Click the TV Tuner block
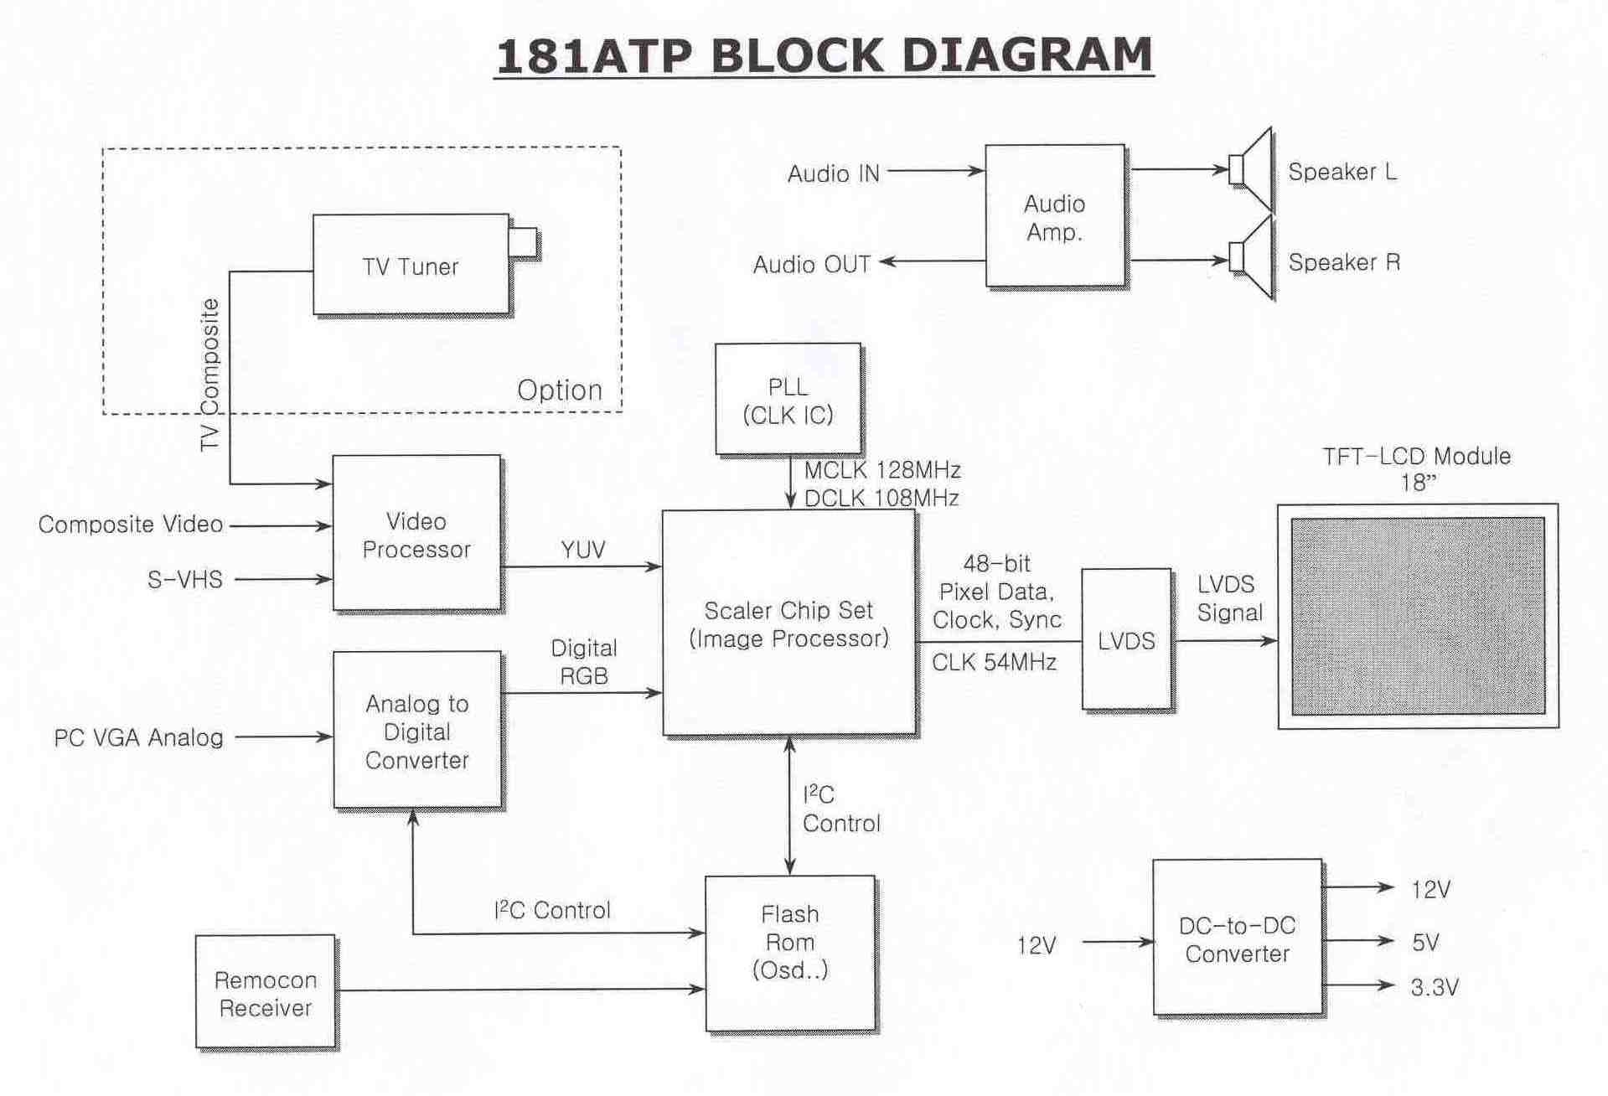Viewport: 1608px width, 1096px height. point(411,265)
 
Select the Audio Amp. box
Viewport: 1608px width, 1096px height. point(1054,216)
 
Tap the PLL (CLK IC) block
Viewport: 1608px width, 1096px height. point(788,400)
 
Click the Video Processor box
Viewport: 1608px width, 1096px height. point(416,534)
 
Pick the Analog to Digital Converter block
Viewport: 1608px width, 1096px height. point(416,731)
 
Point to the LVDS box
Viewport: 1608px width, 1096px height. point(1126,640)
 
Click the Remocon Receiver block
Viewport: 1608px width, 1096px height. point(265,992)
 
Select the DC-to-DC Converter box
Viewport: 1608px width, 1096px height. point(1237,938)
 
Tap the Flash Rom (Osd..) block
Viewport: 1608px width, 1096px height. point(789,954)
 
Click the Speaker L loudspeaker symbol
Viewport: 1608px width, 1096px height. point(1252,169)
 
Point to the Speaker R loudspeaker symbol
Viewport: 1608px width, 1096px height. point(1252,258)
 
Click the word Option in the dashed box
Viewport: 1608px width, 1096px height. point(559,390)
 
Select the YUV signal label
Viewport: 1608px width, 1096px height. point(582,549)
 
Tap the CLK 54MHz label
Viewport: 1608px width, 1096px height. point(994,663)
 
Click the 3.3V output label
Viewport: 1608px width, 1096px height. point(1435,987)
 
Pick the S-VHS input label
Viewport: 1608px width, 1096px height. point(185,579)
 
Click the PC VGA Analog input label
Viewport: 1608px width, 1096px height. point(139,737)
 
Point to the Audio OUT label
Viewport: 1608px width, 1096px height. point(811,265)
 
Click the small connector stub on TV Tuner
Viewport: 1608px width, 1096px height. point(523,242)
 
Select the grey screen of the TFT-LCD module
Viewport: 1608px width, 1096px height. point(1417,616)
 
